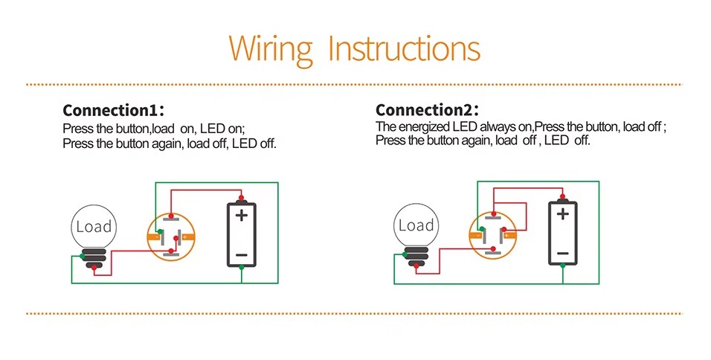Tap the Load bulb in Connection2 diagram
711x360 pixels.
pyautogui.click(x=416, y=226)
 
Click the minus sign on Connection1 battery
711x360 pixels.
pyautogui.click(x=241, y=255)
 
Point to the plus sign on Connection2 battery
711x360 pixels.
pyautogui.click(x=563, y=215)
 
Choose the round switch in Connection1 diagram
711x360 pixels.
pyautogui.click(x=172, y=237)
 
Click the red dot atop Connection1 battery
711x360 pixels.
pyautogui.click(x=241, y=199)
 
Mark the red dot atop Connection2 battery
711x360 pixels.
pyautogui.click(x=563, y=198)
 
